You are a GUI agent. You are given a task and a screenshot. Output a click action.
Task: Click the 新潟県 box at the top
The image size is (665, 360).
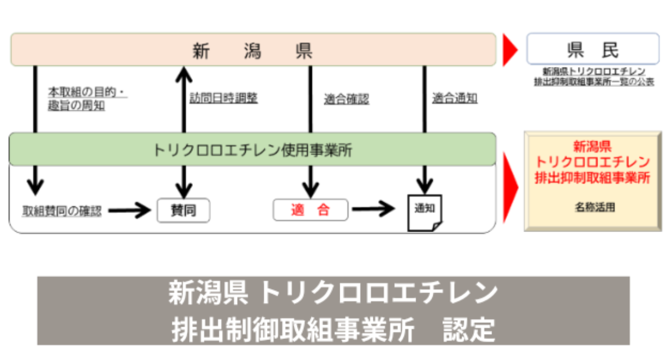pos(253,50)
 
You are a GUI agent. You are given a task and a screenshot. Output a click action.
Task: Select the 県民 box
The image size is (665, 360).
pos(592,49)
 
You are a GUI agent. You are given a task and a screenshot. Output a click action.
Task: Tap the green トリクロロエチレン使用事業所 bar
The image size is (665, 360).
pos(253,150)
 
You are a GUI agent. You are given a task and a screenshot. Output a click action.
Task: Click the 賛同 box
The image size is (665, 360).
pos(183,210)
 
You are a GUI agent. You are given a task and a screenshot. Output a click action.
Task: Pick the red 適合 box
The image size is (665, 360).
pos(310,210)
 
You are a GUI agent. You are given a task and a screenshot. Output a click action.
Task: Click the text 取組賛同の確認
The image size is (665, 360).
pos(62,211)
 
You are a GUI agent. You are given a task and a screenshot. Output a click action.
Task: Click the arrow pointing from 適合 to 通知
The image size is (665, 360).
pos(375,210)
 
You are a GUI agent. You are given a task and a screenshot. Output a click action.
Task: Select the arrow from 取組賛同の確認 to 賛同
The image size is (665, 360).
pos(130,210)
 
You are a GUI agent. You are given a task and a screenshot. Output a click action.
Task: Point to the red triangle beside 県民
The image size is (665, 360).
pos(510,50)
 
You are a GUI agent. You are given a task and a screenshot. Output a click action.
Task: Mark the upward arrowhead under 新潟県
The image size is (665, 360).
pos(182,74)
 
